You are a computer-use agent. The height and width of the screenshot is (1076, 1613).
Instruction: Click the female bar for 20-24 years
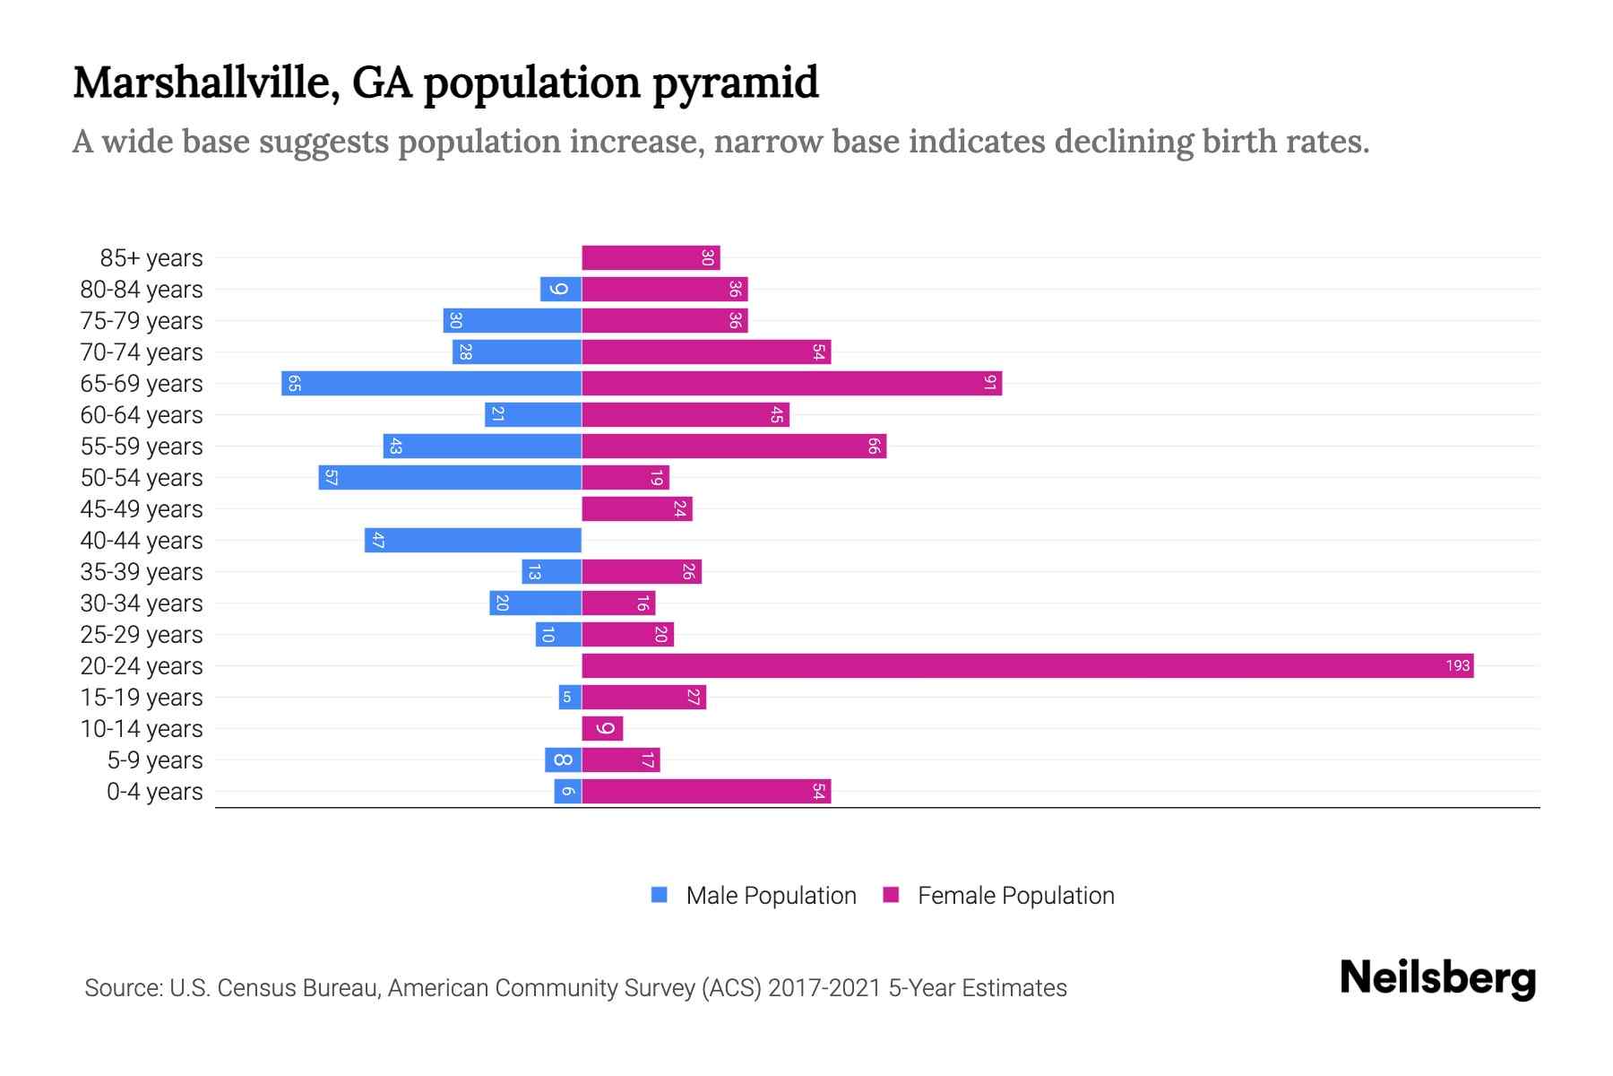tap(1027, 665)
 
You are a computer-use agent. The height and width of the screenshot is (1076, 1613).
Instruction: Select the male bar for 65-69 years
tap(431, 383)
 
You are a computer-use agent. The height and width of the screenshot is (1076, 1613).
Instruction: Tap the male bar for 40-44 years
tap(473, 540)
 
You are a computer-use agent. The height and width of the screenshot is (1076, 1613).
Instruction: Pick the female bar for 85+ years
tap(651, 257)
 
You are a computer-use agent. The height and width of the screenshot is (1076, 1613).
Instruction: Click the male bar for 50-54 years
tap(450, 477)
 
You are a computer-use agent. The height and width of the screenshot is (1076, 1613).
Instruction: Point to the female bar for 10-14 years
tap(602, 728)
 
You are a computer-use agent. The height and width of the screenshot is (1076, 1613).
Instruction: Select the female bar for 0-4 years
tap(706, 791)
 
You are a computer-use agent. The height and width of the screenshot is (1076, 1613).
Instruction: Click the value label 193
tap(1457, 665)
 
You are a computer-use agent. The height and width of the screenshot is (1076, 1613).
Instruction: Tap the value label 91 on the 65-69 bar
tap(989, 383)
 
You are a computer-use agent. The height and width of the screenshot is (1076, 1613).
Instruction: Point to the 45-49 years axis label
tap(142, 508)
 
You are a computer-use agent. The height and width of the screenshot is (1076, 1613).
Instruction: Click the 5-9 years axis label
tap(155, 759)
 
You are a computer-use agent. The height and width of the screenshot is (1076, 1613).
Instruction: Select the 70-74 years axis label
tap(142, 351)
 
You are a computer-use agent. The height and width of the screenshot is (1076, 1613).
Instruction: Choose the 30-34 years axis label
tap(142, 603)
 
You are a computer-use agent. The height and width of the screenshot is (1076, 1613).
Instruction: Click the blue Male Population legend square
tap(660, 894)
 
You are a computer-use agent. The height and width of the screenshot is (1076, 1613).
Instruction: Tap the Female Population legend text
tap(1015, 895)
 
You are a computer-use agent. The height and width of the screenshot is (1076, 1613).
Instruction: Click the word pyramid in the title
tap(735, 82)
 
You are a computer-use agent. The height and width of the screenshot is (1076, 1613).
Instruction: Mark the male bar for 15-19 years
tap(570, 697)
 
